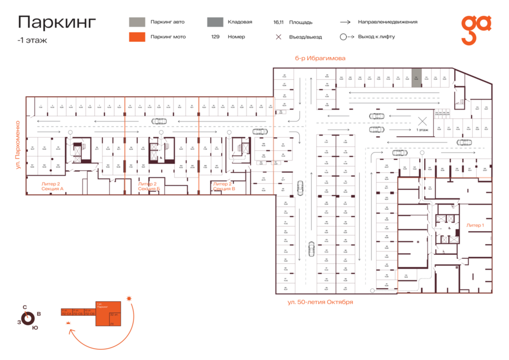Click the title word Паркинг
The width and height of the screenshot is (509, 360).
(57, 22)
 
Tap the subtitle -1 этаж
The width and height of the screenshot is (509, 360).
(32, 40)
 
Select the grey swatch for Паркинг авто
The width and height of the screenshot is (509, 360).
(137, 22)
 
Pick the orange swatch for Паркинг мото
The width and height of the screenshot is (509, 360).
(137, 37)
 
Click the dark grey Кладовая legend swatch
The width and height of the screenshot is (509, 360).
(214, 22)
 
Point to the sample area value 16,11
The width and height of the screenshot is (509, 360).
(278, 22)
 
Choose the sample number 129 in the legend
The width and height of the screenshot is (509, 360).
(215, 37)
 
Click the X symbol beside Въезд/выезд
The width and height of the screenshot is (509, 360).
(278, 37)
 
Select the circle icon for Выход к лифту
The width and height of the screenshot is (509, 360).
(343, 37)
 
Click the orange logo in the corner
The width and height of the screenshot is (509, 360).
(476, 29)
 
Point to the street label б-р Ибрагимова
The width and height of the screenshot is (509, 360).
(320, 58)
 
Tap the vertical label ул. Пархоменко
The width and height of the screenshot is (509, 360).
(18, 145)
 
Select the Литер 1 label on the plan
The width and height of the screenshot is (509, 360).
(475, 225)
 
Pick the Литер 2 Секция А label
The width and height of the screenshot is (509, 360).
(53, 186)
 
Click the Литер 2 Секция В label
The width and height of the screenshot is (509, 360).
(223, 186)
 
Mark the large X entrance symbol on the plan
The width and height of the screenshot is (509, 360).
(421, 120)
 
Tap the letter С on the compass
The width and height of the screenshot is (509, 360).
(24, 307)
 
